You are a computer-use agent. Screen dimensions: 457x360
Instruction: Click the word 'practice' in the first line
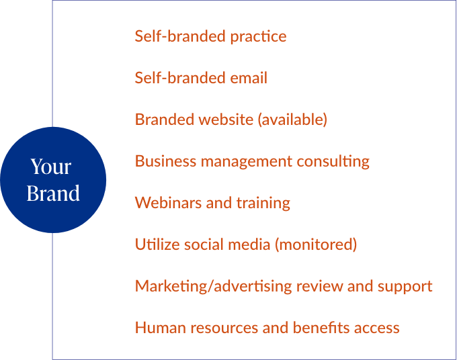(258, 37)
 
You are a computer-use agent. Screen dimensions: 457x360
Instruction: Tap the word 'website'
(226, 120)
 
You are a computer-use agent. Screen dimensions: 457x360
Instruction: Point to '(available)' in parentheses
(292, 120)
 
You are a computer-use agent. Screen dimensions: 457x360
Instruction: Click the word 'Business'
(165, 161)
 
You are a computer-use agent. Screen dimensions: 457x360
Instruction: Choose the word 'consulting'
(333, 162)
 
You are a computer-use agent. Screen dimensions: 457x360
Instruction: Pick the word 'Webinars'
(168, 203)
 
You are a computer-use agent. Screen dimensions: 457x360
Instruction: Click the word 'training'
(263, 204)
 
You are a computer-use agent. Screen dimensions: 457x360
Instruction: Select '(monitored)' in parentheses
(316, 245)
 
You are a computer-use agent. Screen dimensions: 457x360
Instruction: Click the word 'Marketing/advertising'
(213, 287)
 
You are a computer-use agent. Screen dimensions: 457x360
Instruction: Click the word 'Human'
(161, 328)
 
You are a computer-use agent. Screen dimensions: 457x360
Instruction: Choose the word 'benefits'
(321, 328)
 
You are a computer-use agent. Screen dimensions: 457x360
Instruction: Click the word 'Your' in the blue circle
(51, 167)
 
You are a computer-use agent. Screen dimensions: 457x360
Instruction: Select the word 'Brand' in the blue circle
(53, 193)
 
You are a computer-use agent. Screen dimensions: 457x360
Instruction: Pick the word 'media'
(249, 244)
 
